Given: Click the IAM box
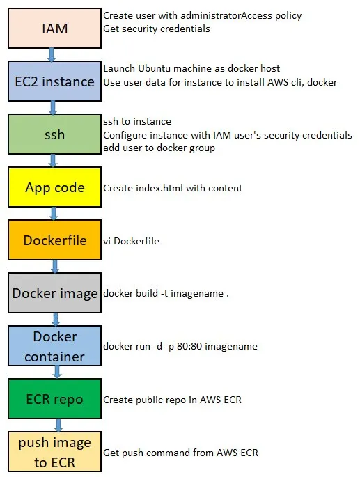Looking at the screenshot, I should (54, 29).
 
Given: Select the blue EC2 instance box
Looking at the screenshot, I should (54, 81).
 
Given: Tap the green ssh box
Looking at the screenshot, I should (54, 134).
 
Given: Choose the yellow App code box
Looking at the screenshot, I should (54, 187).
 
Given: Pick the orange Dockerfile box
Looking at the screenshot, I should (54, 240).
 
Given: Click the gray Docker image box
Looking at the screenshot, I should (54, 293).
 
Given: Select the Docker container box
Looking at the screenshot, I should (54, 346).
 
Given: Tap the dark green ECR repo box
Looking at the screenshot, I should (54, 399).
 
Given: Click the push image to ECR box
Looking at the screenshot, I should (54, 452).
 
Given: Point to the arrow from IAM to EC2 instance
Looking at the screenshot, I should (52, 55).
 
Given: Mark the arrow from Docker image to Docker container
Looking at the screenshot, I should (55, 320).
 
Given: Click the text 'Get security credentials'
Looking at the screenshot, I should (157, 29).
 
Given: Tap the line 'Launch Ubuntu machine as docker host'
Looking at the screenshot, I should (191, 68).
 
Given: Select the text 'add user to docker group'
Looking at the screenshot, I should (159, 148).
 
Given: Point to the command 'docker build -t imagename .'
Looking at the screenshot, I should (166, 293).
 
